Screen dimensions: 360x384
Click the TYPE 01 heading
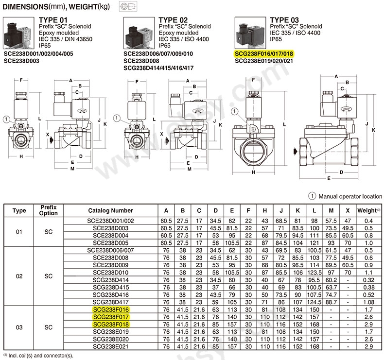pos(51,19)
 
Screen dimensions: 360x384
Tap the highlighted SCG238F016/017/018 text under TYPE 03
pos(264,53)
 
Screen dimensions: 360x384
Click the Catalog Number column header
pos(110,210)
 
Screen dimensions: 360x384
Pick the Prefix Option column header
pos(49,210)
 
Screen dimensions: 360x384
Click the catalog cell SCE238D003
pos(110,228)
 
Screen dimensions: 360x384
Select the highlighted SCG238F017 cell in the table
pos(110,317)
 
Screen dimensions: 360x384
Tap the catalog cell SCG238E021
pos(110,346)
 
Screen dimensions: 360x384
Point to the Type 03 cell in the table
pos(19,327)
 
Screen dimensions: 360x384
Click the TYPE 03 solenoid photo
pos(249,33)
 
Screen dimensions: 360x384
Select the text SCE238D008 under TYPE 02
pos(140,61)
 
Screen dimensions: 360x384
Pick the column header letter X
pos(347,210)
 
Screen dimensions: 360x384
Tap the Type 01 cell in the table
pos(19,232)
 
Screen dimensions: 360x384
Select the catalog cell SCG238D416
pos(110,295)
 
